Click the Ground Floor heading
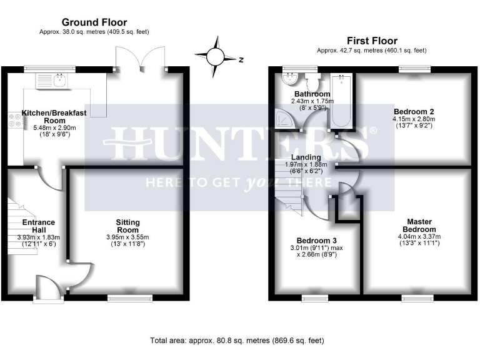pyautogui.click(x=94, y=22)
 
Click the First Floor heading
pyautogui.click(x=372, y=41)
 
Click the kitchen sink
pyautogui.click(x=60, y=79)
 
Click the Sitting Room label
pyautogui.click(x=127, y=222)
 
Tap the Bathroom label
pyautogui.click(x=312, y=94)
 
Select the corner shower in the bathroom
pyautogui.click(x=287, y=117)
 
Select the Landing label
pyautogui.click(x=306, y=157)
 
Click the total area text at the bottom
pyautogui.click(x=237, y=341)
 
